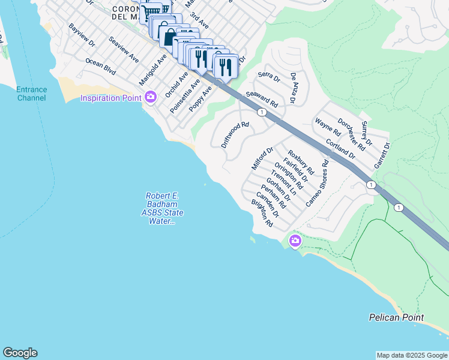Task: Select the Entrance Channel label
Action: pyautogui.click(x=31, y=94)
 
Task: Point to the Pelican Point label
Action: pyautogui.click(x=396, y=317)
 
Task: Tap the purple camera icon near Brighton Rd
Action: pyautogui.click(x=295, y=241)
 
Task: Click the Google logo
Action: pyautogui.click(x=20, y=353)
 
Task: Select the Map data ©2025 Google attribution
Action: pyautogui.click(x=411, y=355)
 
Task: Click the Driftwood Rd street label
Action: pyautogui.click(x=235, y=135)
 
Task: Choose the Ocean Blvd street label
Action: pyautogui.click(x=100, y=66)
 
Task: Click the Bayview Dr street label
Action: pyautogui.click(x=82, y=36)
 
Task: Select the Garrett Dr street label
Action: pyautogui.click(x=382, y=155)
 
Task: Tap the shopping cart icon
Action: pyautogui.click(x=151, y=11)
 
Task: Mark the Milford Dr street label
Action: pyautogui.click(x=262, y=158)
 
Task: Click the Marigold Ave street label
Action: pyautogui.click(x=152, y=70)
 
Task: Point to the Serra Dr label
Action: pyautogui.click(x=269, y=77)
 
